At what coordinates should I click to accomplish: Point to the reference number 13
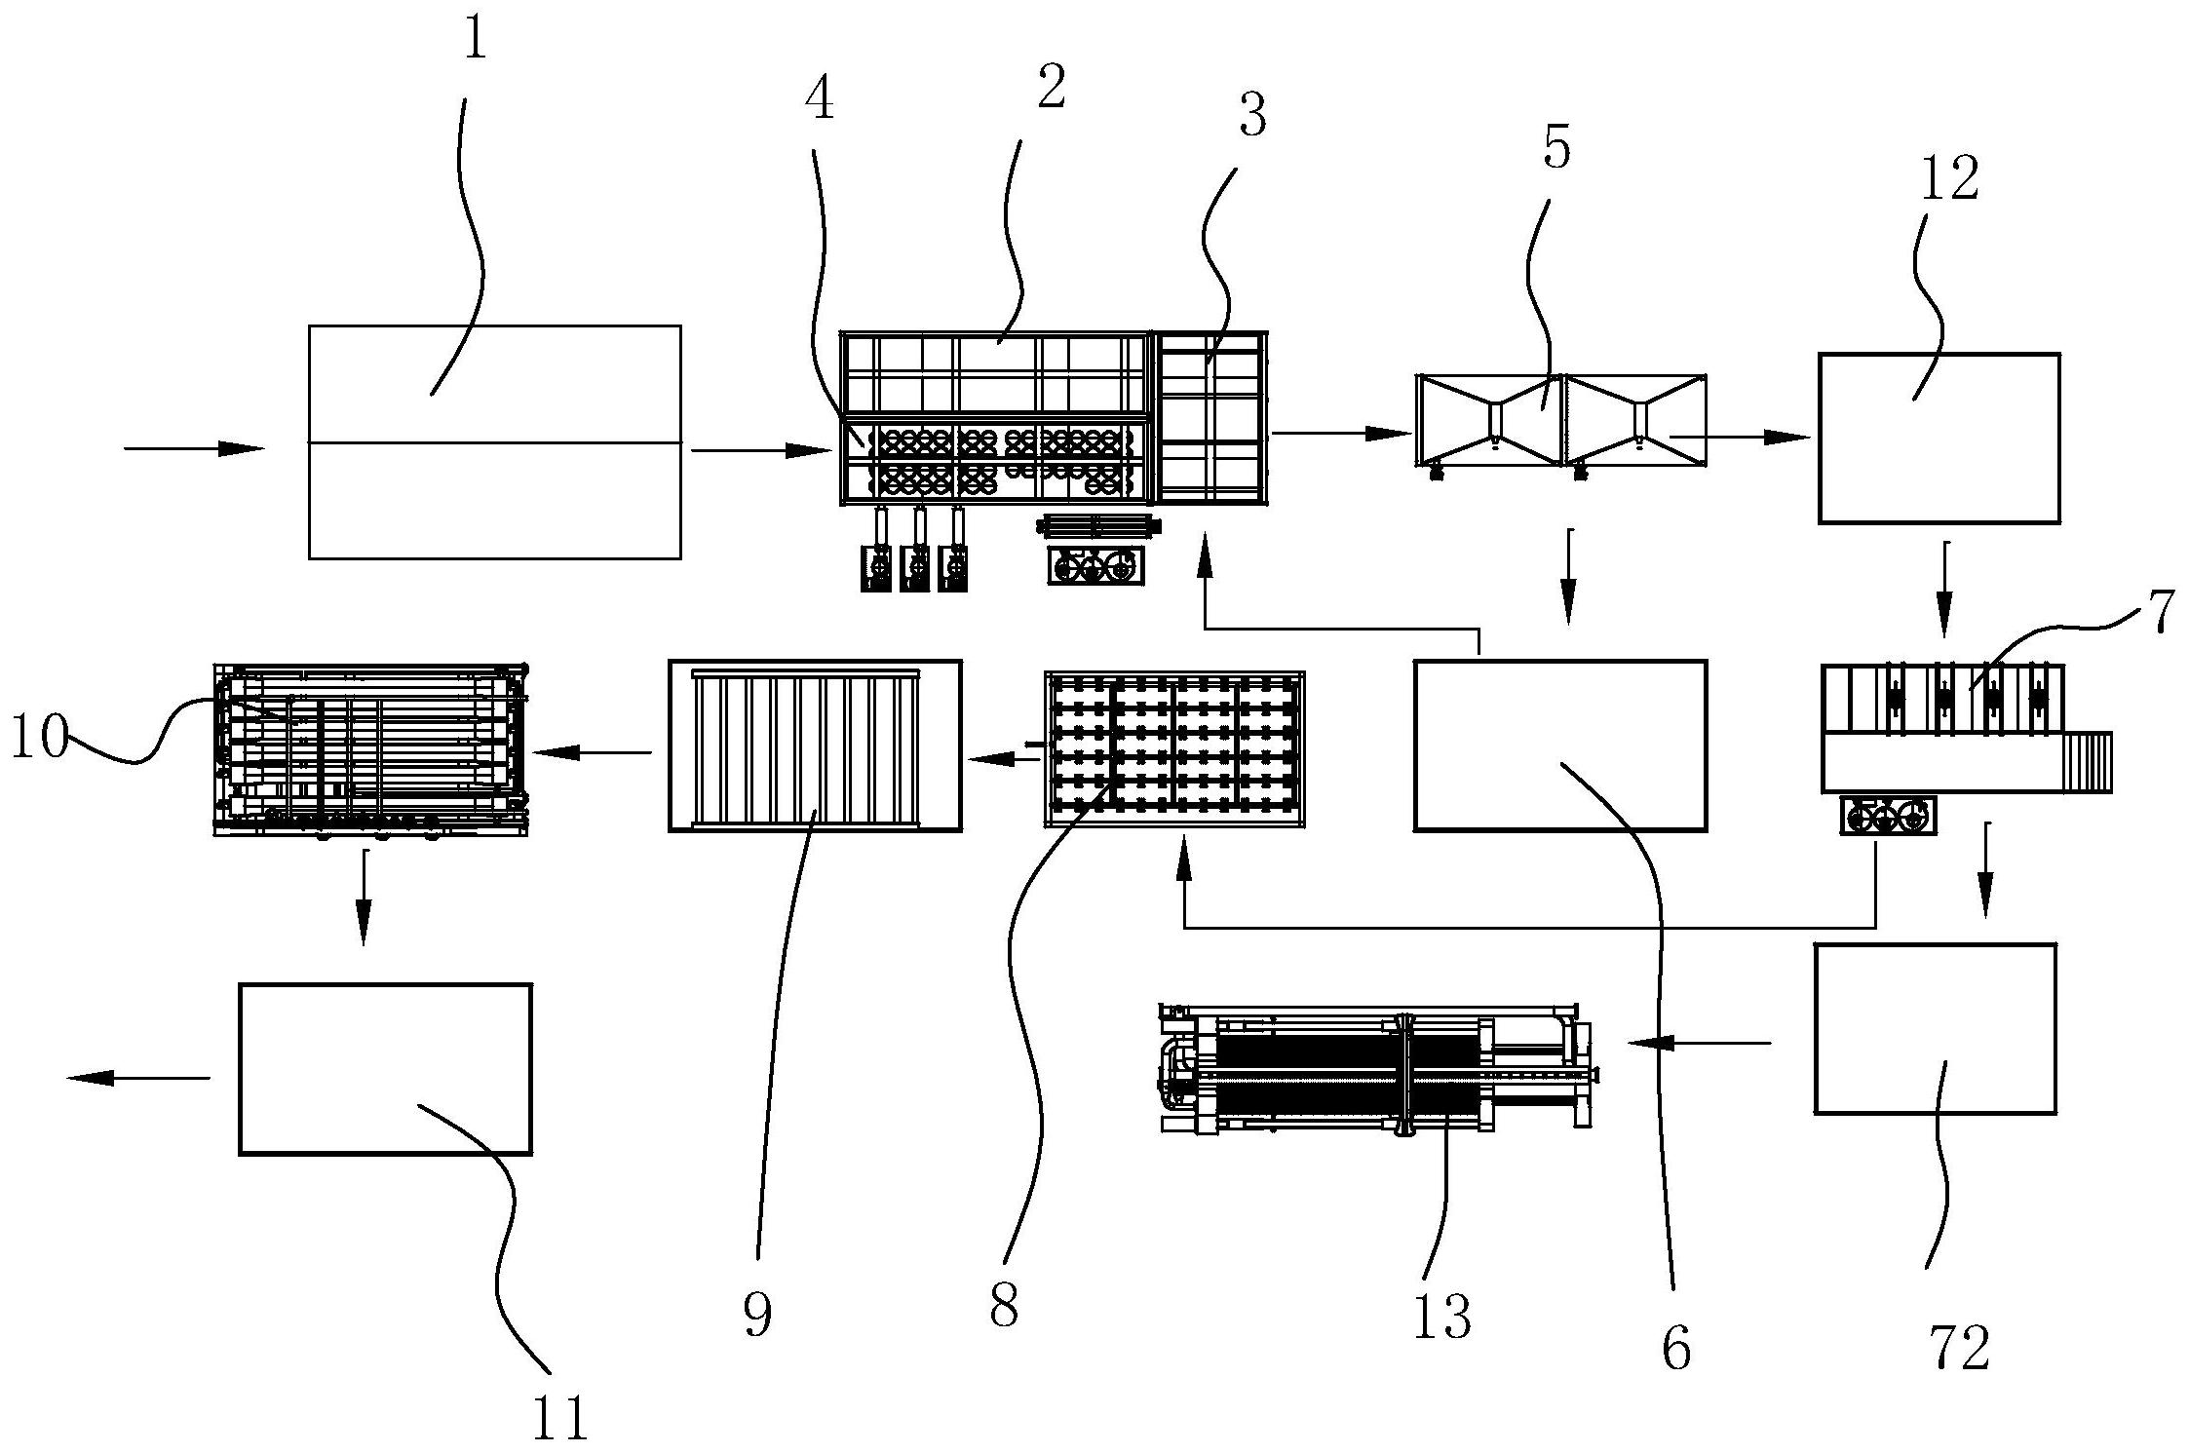point(1442,1317)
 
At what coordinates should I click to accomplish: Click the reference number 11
point(560,1418)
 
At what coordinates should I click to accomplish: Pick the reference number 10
point(39,737)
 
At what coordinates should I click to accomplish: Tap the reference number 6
point(1676,1350)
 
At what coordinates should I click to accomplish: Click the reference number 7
point(2160,611)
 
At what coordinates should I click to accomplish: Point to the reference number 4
point(820,100)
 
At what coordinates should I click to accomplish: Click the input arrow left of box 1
point(195,448)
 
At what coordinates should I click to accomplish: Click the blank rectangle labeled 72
point(1935,1028)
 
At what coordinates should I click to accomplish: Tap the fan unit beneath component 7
point(1888,815)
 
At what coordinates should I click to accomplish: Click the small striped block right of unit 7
point(2088,763)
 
